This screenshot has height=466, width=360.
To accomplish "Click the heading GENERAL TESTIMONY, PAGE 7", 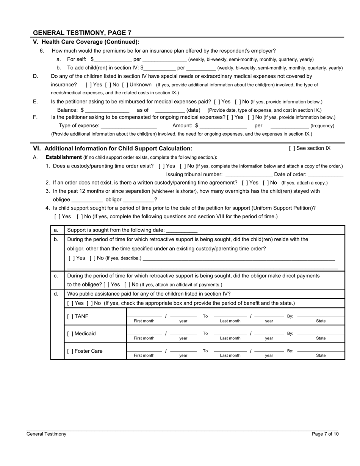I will pyautogui.click(x=82, y=33).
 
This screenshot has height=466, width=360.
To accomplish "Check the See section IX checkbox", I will pyautogui.click(x=292, y=149).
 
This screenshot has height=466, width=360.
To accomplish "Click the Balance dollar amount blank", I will pyautogui.click(x=107, y=110).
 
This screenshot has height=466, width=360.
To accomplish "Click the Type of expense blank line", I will pyautogui.click(x=129, y=126).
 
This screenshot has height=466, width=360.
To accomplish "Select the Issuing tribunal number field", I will pyautogui.click(x=249, y=175).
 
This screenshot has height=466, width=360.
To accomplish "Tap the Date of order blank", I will pyautogui.click(x=326, y=175).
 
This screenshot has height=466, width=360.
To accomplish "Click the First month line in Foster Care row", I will pyautogui.click(x=144, y=350).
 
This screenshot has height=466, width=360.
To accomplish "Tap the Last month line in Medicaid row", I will pyautogui.click(x=230, y=333).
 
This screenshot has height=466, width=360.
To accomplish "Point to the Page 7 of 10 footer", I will pyautogui.click(x=325, y=434).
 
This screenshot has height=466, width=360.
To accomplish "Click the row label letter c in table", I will pyautogui.click(x=56, y=276).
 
